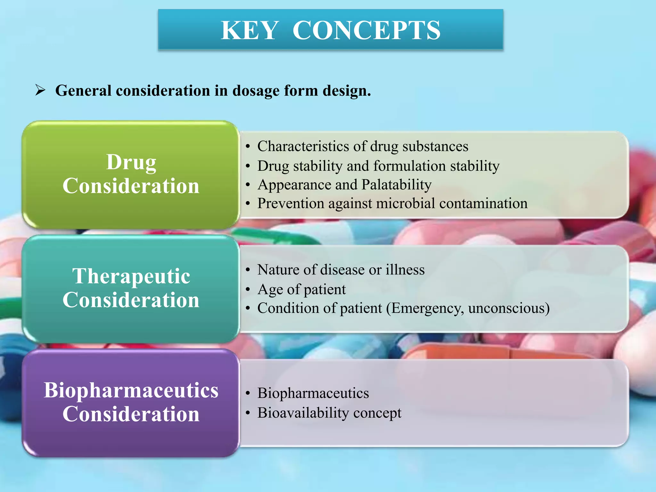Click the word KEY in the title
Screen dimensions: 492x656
[x=249, y=30]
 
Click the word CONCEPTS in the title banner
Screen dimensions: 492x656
[x=366, y=30]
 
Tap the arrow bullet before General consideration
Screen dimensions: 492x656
[x=40, y=90]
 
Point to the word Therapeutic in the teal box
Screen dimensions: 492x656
[x=131, y=276]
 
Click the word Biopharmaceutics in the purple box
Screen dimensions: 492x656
[x=131, y=390]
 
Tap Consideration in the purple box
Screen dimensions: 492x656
[x=131, y=414]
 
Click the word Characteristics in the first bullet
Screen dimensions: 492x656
[x=303, y=146]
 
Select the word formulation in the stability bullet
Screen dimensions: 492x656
[x=409, y=166]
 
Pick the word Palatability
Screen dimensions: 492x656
[x=396, y=185]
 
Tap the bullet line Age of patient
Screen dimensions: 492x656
[x=301, y=290]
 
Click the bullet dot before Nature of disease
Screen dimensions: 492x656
[x=248, y=270]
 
